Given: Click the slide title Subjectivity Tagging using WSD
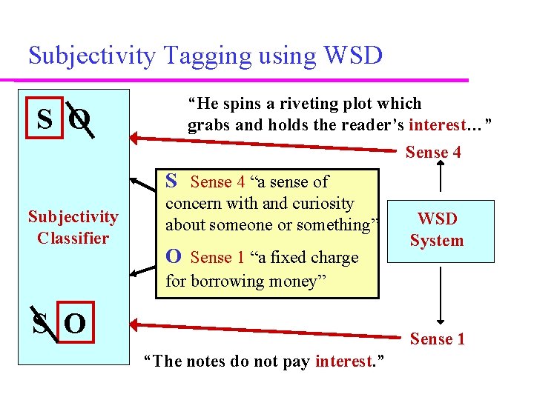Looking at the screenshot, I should coord(205,55).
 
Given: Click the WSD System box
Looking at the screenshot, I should coord(436,230).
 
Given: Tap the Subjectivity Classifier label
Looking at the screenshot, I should coord(73,227).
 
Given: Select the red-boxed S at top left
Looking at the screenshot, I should coord(45,118).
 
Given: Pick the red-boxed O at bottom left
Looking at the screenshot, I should coord(74,324).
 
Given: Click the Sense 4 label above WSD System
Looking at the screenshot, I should coord(433,153).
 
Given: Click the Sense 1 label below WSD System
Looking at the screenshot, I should coord(438,339).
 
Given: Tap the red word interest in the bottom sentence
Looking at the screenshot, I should coord(343,361).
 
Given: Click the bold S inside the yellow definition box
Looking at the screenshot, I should coord(171,181).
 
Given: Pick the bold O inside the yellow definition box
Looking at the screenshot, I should coord(173,256).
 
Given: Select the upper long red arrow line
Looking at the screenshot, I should coord(267,143).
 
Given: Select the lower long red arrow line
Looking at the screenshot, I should coord(267,330).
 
